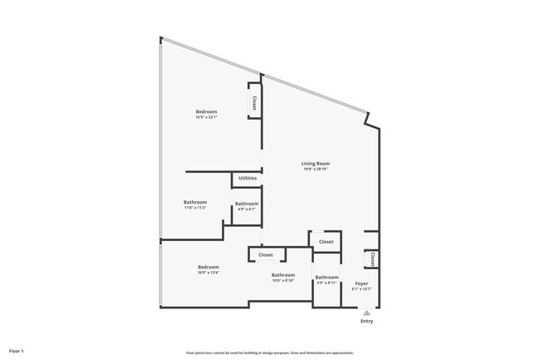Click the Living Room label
(315, 163)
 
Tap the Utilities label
(247, 178)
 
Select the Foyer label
(361, 284)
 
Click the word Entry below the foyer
(366, 321)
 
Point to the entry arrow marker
(366, 313)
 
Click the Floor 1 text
(16, 352)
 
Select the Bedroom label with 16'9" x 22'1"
(206, 111)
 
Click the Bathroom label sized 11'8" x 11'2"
(195, 202)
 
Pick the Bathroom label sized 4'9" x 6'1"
(246, 204)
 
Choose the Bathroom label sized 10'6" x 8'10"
(282, 275)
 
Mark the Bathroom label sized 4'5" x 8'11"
(326, 277)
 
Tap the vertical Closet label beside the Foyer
(373, 259)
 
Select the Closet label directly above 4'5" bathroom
(326, 242)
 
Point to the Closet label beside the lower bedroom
(266, 254)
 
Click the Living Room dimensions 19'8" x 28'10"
(316, 169)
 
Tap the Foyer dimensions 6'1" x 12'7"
(361, 289)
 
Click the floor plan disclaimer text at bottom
(269, 353)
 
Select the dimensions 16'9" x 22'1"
(206, 117)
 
